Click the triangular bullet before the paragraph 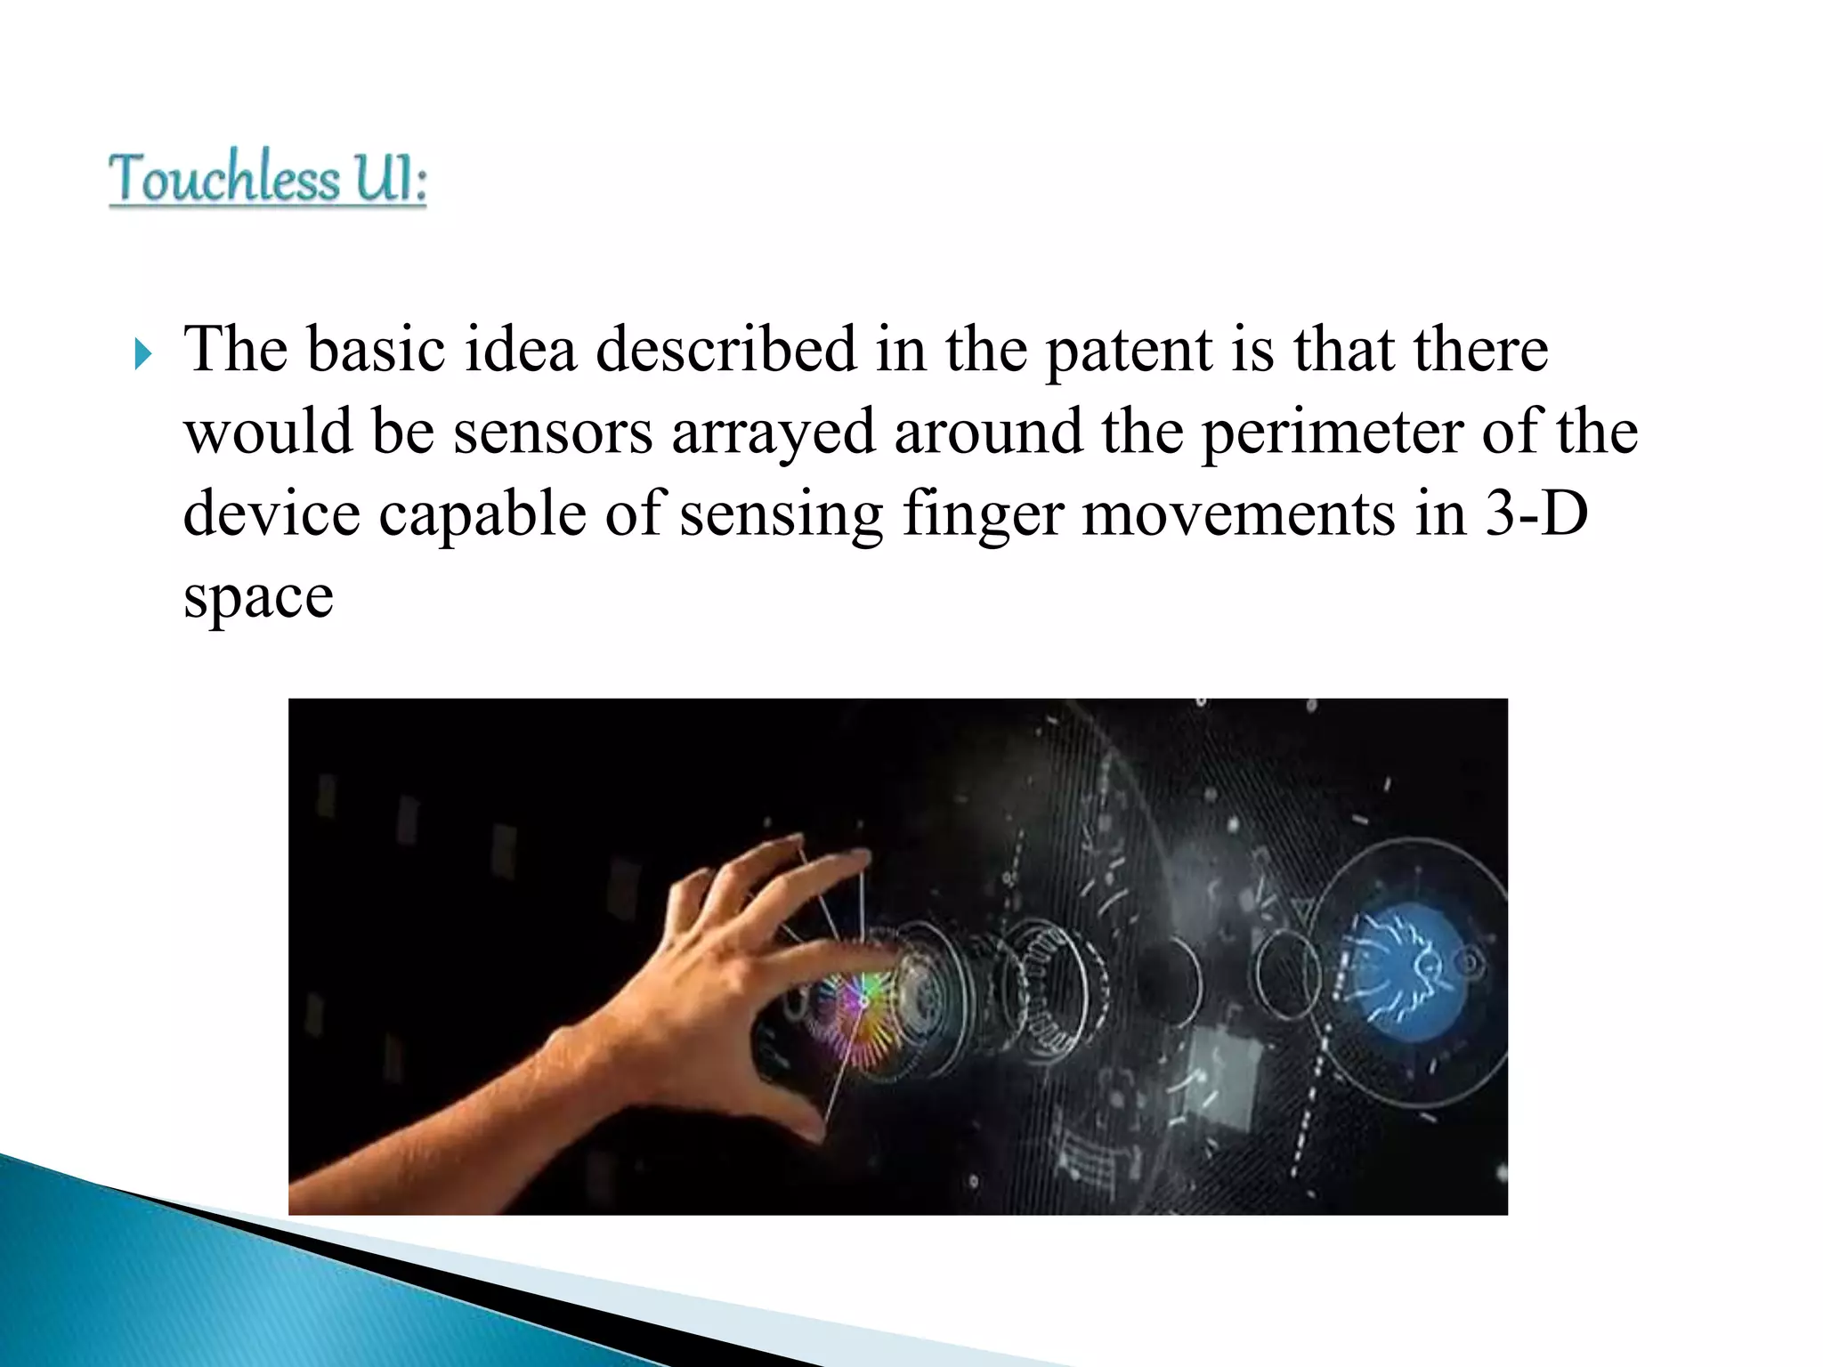tap(143, 354)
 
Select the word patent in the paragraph tap(1130, 351)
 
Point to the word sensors tap(553, 433)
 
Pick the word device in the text tap(271, 514)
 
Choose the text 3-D tap(1536, 514)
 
